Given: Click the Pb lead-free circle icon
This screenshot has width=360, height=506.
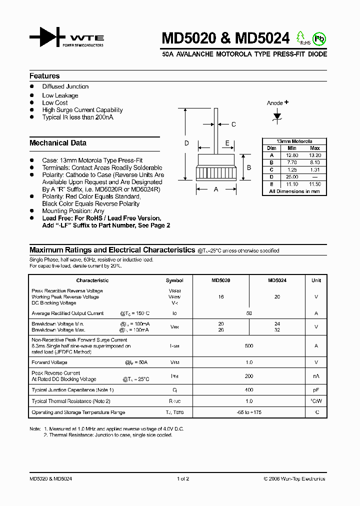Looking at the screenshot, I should click(x=318, y=38).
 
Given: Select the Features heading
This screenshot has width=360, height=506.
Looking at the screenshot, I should click(x=44, y=76).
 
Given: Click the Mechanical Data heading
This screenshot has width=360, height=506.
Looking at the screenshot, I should click(x=58, y=143).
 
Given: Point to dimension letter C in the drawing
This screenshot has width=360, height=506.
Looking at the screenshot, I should click(x=233, y=124).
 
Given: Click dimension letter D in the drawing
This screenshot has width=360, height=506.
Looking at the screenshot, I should click(x=186, y=143).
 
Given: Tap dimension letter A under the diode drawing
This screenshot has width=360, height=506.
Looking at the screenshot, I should click(x=215, y=189).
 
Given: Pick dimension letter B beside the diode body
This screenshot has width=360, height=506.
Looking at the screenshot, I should click(x=249, y=167).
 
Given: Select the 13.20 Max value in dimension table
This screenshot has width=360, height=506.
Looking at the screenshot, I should click(x=315, y=155).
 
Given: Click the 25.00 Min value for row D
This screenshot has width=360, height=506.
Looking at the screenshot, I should click(x=292, y=177).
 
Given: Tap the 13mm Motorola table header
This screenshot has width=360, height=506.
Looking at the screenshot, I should click(x=294, y=141).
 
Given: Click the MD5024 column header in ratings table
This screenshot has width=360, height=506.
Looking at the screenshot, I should click(x=277, y=280).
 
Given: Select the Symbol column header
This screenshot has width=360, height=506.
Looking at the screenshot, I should click(x=174, y=280).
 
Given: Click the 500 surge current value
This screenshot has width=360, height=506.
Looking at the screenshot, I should click(x=249, y=345).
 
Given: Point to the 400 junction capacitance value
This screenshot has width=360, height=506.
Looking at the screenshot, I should click(x=249, y=390).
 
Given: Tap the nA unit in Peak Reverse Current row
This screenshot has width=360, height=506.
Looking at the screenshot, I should click(x=316, y=376).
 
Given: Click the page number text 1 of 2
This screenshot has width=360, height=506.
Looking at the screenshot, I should click(x=183, y=479).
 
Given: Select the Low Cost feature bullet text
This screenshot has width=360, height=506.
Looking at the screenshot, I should click(x=55, y=102).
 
